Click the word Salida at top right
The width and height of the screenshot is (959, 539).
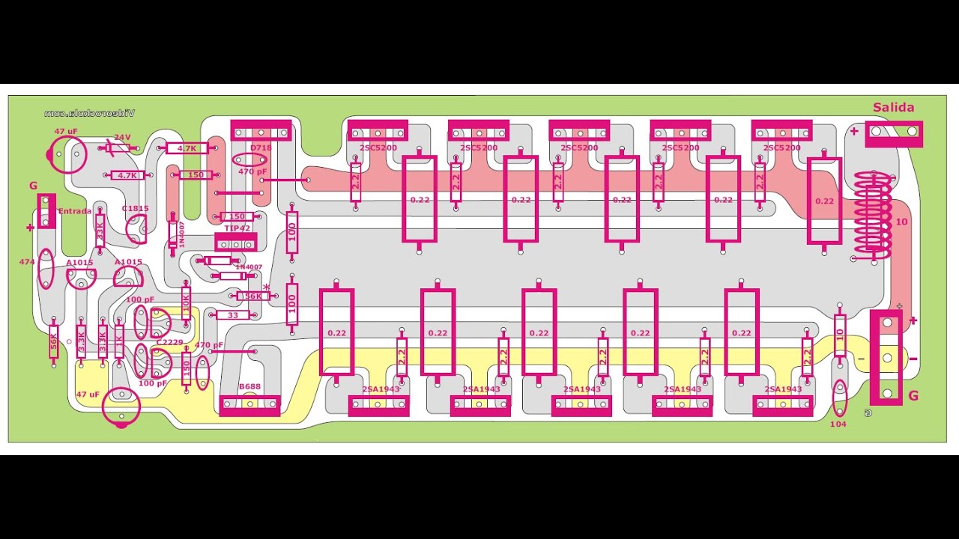(893, 108)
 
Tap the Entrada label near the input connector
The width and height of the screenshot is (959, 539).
(74, 211)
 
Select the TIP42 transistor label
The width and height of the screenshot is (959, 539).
(238, 228)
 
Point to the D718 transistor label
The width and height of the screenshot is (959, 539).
(261, 147)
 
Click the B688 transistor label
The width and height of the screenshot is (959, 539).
(249, 386)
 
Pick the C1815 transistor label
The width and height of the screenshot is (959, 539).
(136, 208)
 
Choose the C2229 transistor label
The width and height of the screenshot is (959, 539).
(169, 342)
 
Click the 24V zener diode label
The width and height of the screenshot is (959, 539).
(121, 138)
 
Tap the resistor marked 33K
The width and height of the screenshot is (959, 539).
(100, 234)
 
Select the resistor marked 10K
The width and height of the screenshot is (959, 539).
(186, 304)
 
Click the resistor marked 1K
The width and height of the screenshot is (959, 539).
(119, 340)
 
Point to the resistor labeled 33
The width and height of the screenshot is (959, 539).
(232, 315)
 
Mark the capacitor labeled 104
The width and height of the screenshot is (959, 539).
(838, 424)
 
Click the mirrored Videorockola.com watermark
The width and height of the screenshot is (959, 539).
(89, 113)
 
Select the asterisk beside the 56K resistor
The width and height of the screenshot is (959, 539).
(266, 287)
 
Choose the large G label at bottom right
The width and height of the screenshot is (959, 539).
(913, 396)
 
